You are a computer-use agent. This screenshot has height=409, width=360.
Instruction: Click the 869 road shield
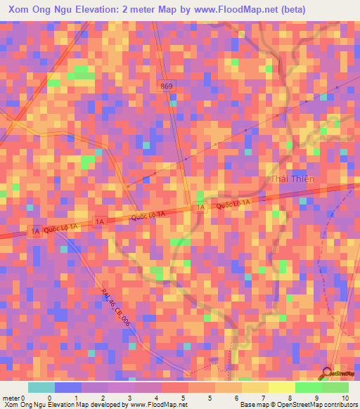tap(167, 86)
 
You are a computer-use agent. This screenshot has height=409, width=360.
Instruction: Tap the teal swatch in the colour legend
tap(41, 387)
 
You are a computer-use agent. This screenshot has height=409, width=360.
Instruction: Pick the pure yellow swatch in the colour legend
tap(281, 387)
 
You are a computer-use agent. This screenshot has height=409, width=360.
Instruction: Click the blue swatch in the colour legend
tap(67, 387)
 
